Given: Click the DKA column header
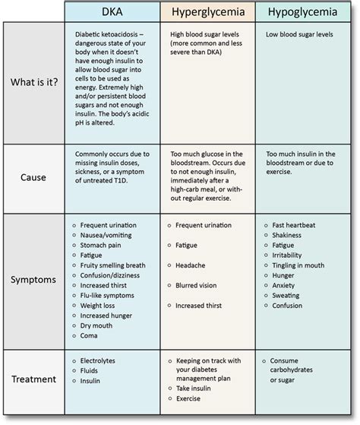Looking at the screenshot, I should (112, 12).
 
